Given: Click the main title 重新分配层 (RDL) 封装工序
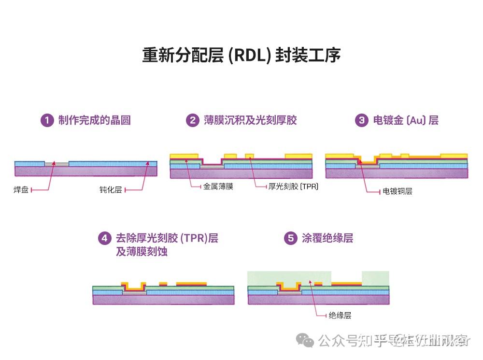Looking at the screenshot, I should [x=241, y=55].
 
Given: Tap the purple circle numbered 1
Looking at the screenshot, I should [x=47, y=120].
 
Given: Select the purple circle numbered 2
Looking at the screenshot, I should [x=193, y=120].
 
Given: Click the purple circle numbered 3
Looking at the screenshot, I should [x=361, y=120].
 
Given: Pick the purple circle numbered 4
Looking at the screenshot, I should [x=104, y=238].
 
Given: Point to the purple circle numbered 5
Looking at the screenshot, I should [x=290, y=238].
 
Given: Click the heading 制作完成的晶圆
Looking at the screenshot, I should [x=95, y=120].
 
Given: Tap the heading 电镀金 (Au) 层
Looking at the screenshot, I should [x=406, y=120].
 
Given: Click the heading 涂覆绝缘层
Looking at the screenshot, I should [x=327, y=238].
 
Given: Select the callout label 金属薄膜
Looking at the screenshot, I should [x=218, y=187].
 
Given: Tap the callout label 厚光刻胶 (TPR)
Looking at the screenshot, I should [x=294, y=187].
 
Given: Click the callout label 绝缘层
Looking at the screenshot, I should [x=340, y=316].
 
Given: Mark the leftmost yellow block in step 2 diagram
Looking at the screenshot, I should [x=184, y=155].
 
